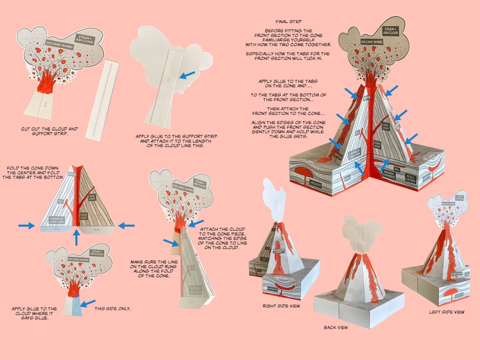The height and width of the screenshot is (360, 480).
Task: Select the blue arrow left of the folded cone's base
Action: [x=26, y=225]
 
